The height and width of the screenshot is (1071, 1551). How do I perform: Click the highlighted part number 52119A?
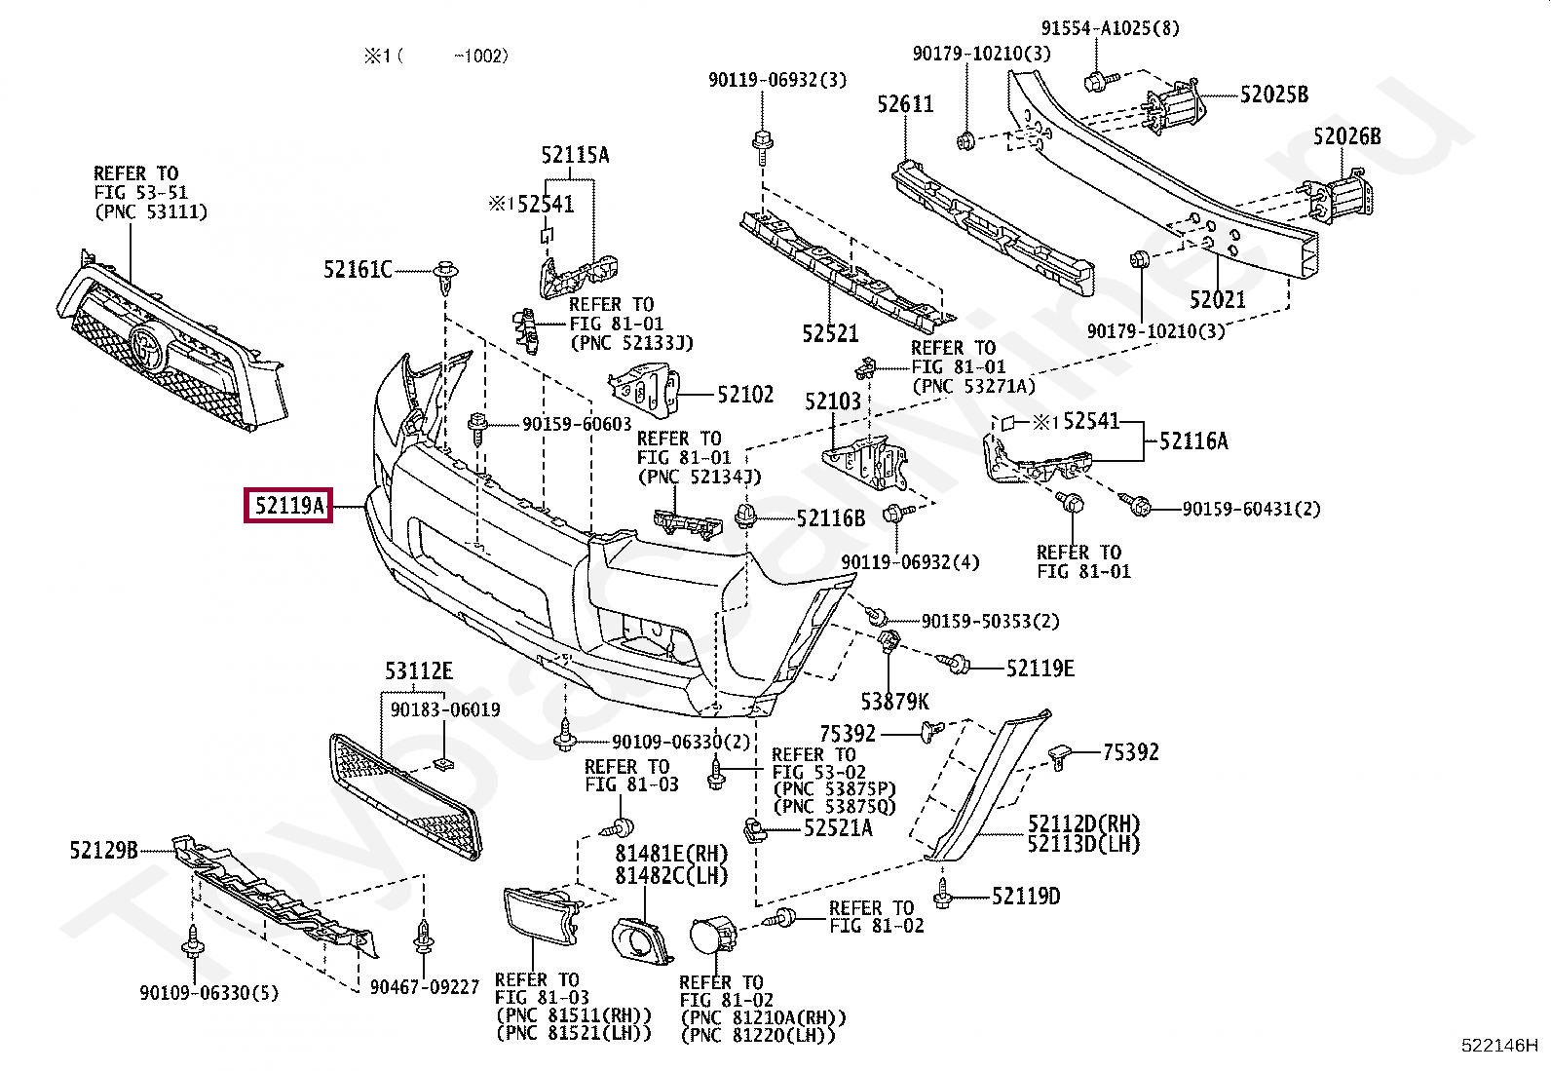tap(288, 506)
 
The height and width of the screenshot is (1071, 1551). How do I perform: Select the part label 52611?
tap(905, 104)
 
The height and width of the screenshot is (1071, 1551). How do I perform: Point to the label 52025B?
tap(1273, 95)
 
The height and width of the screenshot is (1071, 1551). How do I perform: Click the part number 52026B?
tap(1346, 136)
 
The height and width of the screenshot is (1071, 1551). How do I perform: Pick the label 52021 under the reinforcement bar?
tap(1217, 299)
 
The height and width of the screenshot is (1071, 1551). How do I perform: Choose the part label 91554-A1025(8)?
tap(1110, 28)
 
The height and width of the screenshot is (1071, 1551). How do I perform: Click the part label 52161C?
tap(358, 269)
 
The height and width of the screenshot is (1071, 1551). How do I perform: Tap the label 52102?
tap(745, 395)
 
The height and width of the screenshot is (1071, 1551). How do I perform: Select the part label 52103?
tap(833, 402)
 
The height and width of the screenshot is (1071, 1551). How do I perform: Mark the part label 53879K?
tap(894, 701)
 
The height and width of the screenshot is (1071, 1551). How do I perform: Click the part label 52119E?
tap(1040, 668)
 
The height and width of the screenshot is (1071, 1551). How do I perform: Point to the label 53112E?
tap(418, 671)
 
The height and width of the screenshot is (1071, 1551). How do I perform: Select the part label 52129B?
tap(103, 850)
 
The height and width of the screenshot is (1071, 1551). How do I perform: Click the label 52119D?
tap(1026, 896)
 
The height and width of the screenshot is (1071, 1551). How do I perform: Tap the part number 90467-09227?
tap(425, 987)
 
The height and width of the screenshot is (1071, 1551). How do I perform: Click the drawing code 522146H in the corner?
tap(1498, 1046)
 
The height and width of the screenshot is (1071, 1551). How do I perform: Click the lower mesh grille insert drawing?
tap(404, 794)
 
